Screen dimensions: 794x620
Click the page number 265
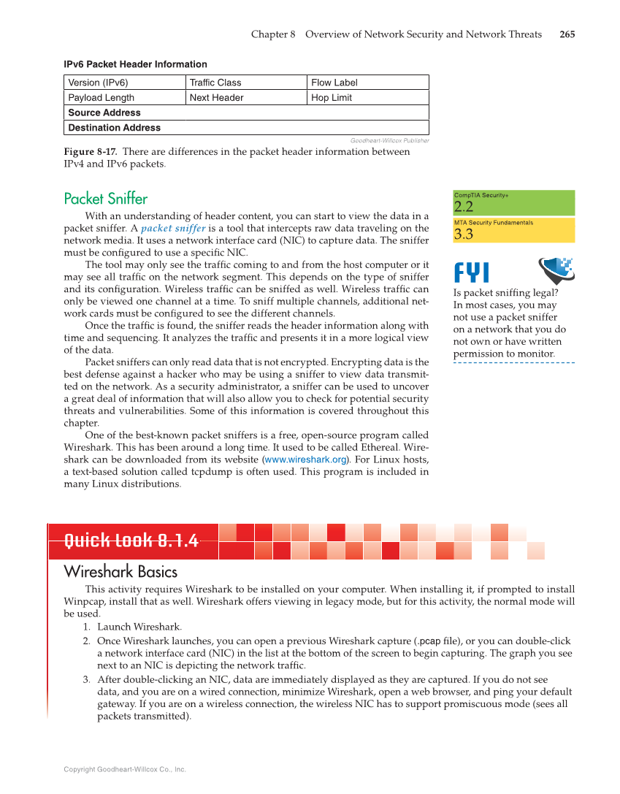(x=567, y=34)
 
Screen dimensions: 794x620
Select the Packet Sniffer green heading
(x=106, y=199)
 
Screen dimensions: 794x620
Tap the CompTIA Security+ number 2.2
(x=464, y=207)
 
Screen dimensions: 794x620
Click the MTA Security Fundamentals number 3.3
(x=464, y=234)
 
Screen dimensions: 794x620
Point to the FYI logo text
(x=472, y=273)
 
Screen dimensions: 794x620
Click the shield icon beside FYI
(x=556, y=270)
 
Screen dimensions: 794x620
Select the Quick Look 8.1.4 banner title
(x=131, y=541)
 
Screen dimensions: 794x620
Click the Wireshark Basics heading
(x=120, y=571)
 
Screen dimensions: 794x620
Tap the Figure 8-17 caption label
(x=91, y=151)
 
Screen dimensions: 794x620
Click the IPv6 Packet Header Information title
(x=136, y=64)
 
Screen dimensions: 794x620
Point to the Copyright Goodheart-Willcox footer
(x=125, y=769)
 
